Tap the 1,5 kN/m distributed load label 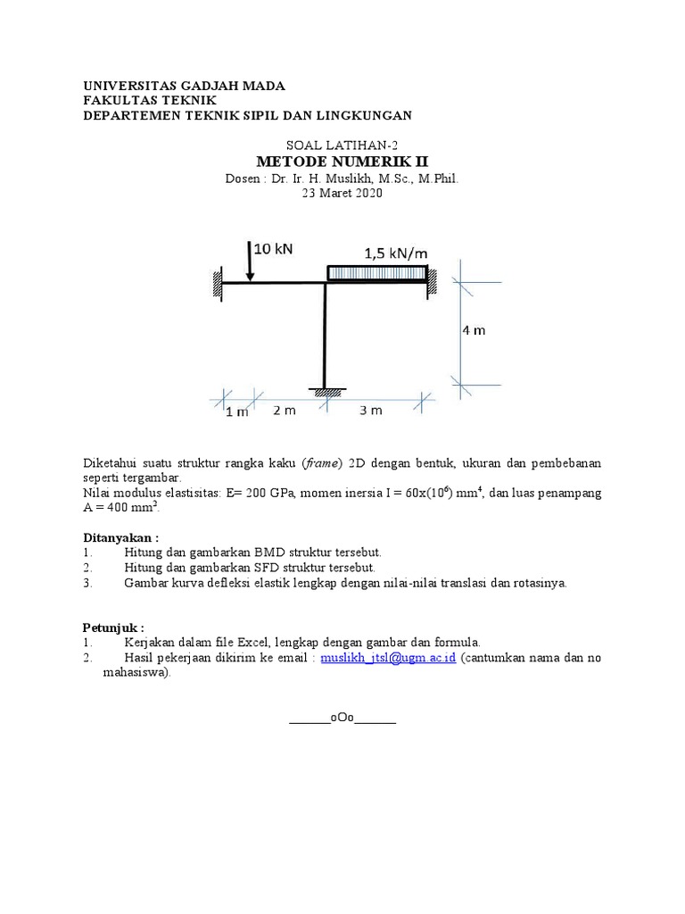click(x=395, y=253)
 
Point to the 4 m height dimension click(x=474, y=330)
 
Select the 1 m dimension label click(x=237, y=411)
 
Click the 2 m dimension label click(x=285, y=411)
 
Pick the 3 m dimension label click(x=370, y=411)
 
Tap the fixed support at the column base click(x=327, y=391)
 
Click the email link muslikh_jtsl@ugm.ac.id click(x=388, y=658)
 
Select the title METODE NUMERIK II click(x=342, y=162)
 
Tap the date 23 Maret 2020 click(x=342, y=194)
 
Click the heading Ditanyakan click(x=120, y=538)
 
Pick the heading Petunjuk click(x=113, y=626)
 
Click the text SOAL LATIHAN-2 click(x=342, y=145)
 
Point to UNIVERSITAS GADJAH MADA click(x=184, y=86)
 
